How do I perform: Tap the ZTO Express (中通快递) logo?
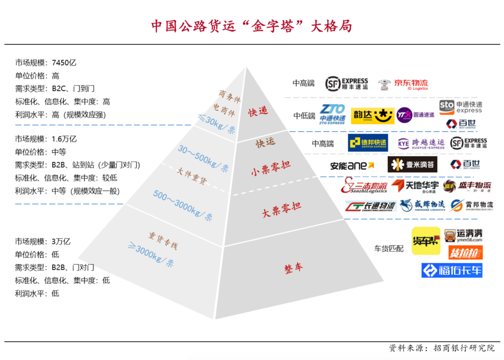332,114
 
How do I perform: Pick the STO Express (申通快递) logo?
461,107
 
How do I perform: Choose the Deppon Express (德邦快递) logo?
368,143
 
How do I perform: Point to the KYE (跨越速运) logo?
421,143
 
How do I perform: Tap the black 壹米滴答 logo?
412,164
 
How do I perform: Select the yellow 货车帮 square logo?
426,241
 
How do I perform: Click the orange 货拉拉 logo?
465,253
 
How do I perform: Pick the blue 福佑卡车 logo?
452,270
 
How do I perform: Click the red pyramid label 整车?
294,268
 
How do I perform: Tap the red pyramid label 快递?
258,112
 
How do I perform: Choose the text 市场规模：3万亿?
42,241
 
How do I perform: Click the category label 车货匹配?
389,248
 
